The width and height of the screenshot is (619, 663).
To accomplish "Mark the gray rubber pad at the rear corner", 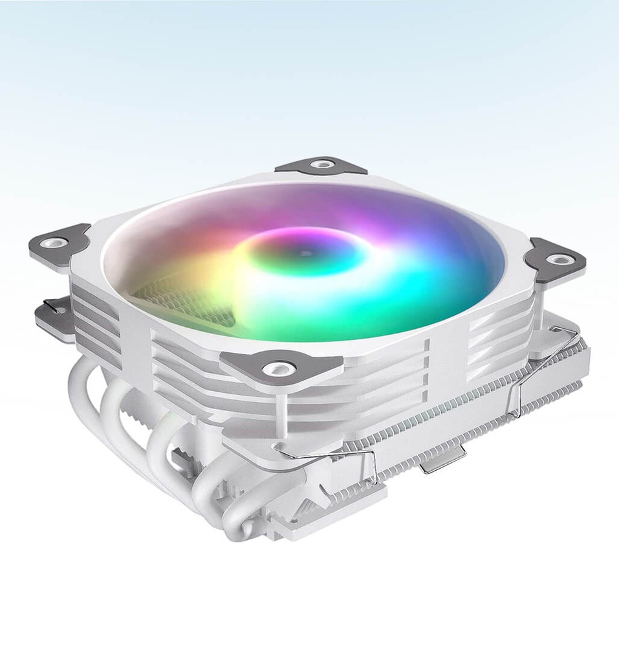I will point(321,166).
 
